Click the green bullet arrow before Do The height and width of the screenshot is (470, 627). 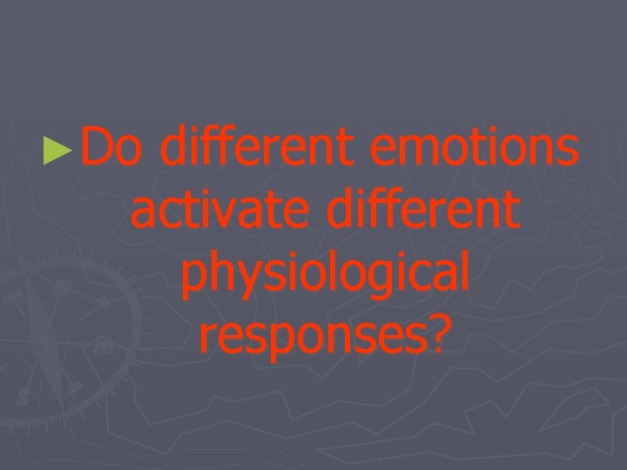pos(57,149)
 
